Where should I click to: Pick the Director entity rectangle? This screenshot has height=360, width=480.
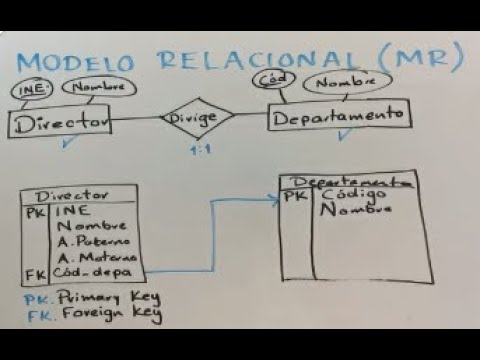(58, 122)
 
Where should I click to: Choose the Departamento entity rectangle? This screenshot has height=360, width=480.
(326, 117)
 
